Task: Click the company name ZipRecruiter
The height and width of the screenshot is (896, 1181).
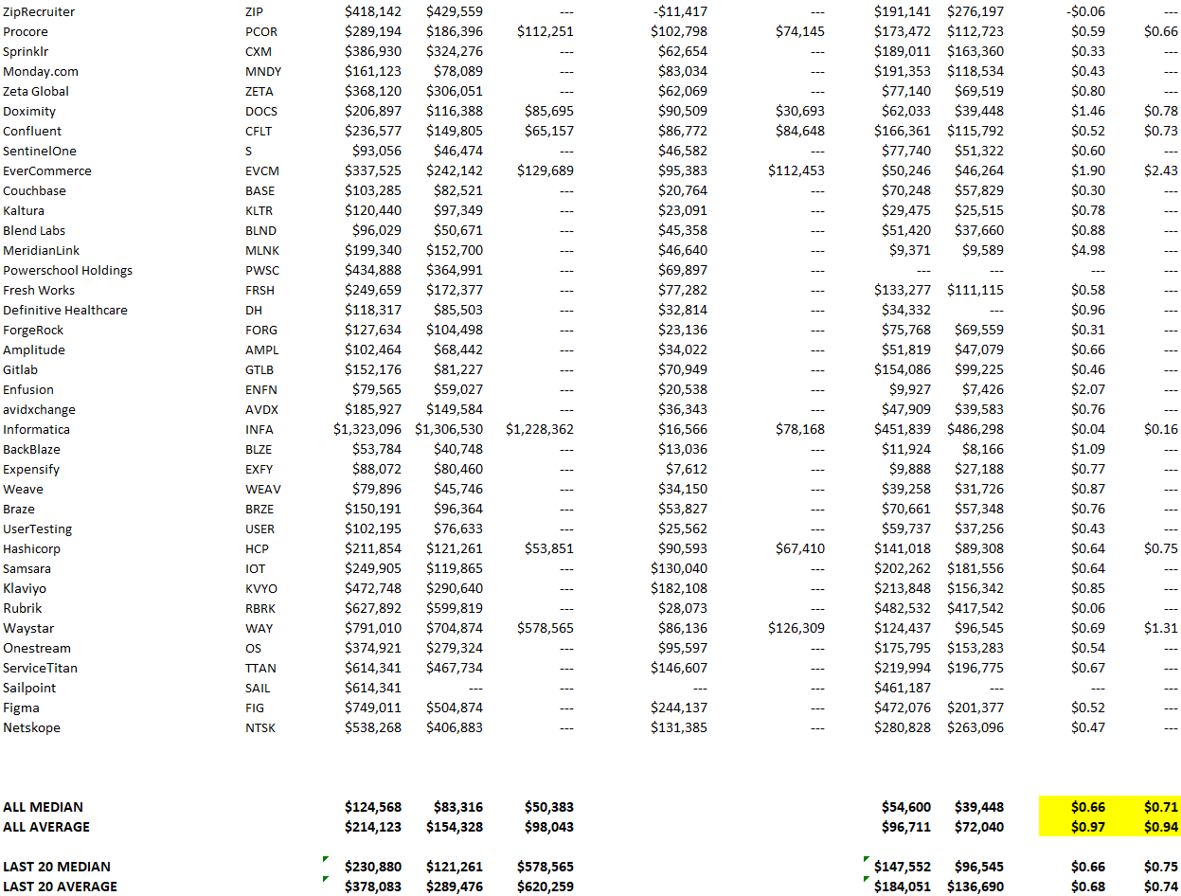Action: click(x=39, y=12)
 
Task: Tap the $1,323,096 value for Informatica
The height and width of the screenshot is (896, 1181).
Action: click(x=367, y=430)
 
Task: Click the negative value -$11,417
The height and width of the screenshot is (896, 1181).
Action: click(x=680, y=12)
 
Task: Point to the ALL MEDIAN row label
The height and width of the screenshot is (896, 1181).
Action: click(x=43, y=808)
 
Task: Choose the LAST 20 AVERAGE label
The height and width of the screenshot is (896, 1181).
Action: click(x=60, y=887)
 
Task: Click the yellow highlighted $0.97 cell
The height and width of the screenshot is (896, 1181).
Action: click(x=1087, y=828)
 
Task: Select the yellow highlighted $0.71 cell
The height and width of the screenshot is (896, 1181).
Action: click(x=1160, y=808)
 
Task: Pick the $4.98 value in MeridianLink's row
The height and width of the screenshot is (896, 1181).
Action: click(x=1087, y=251)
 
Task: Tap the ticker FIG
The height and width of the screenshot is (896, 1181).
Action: click(x=257, y=708)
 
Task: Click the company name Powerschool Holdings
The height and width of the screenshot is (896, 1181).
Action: click(x=67, y=271)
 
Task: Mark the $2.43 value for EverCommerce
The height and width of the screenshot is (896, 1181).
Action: click(x=1160, y=171)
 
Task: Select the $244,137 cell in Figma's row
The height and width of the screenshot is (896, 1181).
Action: click(x=678, y=708)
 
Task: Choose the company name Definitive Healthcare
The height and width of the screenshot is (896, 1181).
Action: click(x=64, y=311)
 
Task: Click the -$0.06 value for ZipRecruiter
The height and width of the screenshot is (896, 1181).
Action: click(x=1085, y=12)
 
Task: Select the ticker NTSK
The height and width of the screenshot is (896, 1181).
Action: click(x=260, y=728)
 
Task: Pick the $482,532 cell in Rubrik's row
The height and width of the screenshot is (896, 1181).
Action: click(x=902, y=609)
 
